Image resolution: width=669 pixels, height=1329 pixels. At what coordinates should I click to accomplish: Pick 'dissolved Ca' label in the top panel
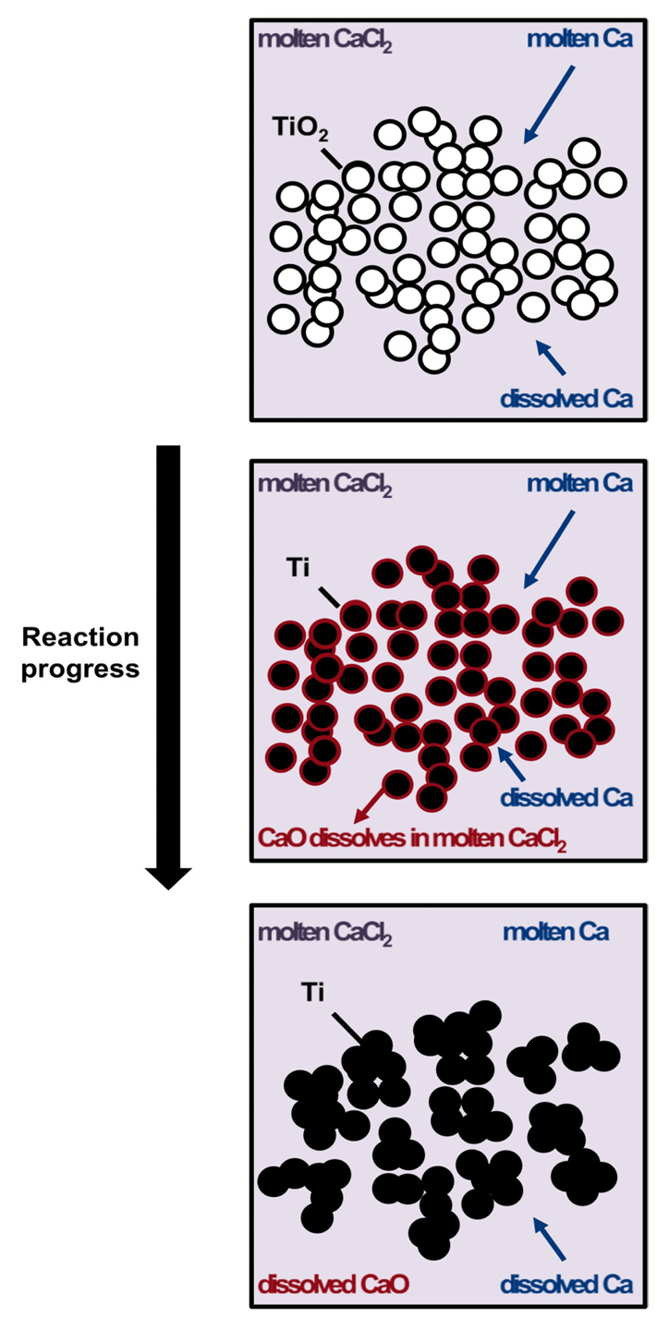pos(566,400)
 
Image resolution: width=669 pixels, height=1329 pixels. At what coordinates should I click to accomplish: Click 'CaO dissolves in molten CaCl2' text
pos(411,841)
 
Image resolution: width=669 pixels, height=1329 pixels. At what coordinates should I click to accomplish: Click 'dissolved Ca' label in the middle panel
pos(566,797)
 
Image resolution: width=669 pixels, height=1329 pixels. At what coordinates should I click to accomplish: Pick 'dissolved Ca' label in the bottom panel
pos(566,1284)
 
